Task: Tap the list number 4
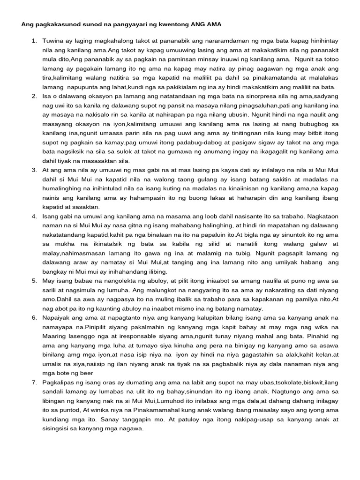point(34,217)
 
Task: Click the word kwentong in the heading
point(166,23)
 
